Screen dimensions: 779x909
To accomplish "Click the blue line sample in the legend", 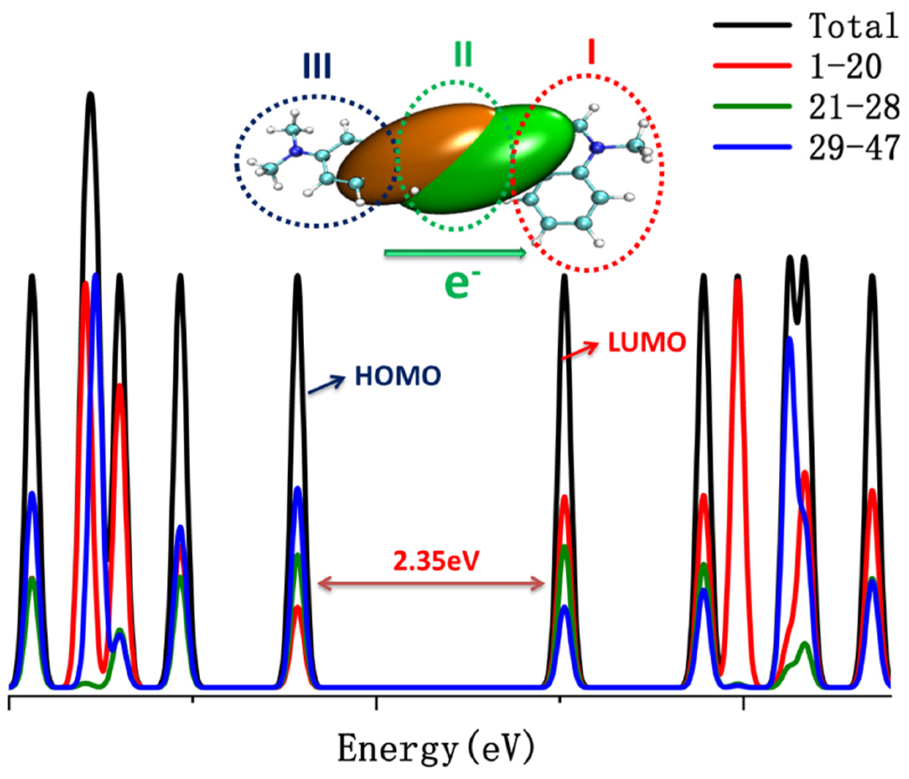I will pyautogui.click(x=752, y=147).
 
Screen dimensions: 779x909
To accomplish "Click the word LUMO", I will pyautogui.click(x=647, y=342).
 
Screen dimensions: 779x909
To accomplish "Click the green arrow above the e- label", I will pyautogui.click(x=454, y=253).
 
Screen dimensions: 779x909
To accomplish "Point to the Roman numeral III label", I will pyautogui.click(x=317, y=66).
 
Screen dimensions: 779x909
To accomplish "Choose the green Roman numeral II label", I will pyautogui.click(x=463, y=56).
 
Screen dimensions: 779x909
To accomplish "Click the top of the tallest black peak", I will pyautogui.click(x=91, y=94).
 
